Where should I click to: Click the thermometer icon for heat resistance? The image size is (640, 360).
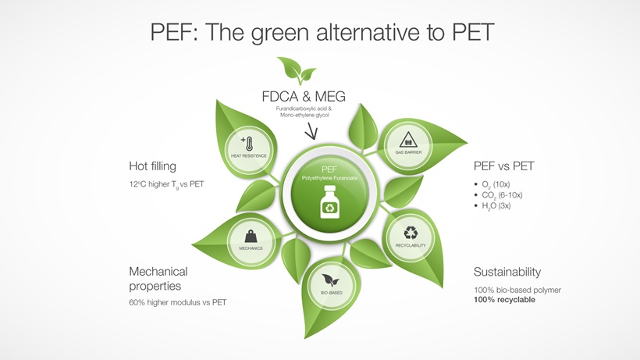pyautogui.click(x=249, y=144)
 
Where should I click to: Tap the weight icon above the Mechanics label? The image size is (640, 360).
pyautogui.click(x=251, y=236)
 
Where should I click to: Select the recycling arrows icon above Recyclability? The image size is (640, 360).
pyautogui.click(x=411, y=233)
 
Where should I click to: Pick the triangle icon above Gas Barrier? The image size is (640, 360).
pyautogui.click(x=409, y=141)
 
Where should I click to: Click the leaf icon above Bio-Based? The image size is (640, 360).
pyautogui.click(x=331, y=280)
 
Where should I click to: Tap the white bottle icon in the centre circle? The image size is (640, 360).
pyautogui.click(x=329, y=208)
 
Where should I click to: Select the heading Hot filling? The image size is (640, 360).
pyautogui.click(x=152, y=166)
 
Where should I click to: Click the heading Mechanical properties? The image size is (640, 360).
pyautogui.click(x=158, y=279)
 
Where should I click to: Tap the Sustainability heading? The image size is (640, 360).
pyautogui.click(x=507, y=272)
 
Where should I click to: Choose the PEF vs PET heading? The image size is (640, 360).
pyautogui.click(x=503, y=166)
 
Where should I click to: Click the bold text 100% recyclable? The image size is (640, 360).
pyautogui.click(x=504, y=300)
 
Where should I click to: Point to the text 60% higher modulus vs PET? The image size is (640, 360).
pyautogui.click(x=177, y=302)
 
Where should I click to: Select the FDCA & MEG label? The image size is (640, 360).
pyautogui.click(x=303, y=97)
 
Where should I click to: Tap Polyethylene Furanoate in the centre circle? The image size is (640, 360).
pyautogui.click(x=329, y=179)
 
